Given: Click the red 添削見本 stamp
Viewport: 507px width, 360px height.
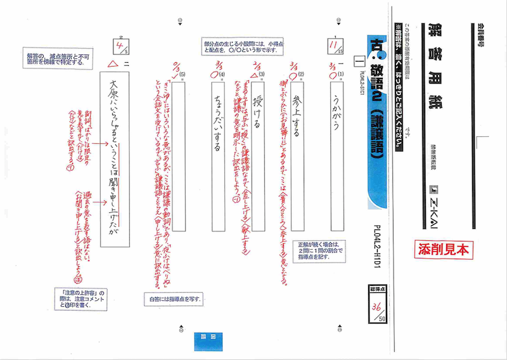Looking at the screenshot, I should tap(444, 248).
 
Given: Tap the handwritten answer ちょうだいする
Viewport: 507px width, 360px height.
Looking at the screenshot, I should tap(215, 130).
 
